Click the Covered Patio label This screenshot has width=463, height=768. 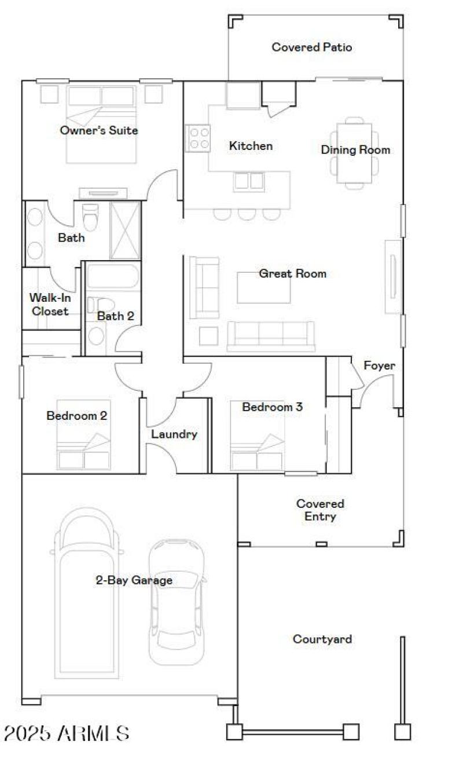coord(311,47)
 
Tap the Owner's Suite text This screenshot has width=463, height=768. coord(99,130)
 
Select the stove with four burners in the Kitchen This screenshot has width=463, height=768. coord(198,138)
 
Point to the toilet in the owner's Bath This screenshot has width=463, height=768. coord(91,218)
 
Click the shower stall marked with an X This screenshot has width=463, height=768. coord(125,230)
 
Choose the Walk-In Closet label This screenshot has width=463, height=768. coord(50,305)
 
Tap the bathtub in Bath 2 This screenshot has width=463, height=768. coord(113,277)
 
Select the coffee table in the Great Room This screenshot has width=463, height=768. coord(263,288)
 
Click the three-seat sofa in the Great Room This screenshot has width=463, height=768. coord(271,336)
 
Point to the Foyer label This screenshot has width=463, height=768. coord(379,366)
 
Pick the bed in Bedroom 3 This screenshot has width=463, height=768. coord(257,452)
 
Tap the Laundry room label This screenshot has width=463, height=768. coord(174,434)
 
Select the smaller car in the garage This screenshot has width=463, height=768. coord(177,602)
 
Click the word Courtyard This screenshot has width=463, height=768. coord(322,639)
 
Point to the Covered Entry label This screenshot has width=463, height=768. coord(320,510)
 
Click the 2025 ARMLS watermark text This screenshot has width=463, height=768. coord(66,733)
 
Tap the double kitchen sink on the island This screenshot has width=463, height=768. coord(249,182)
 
